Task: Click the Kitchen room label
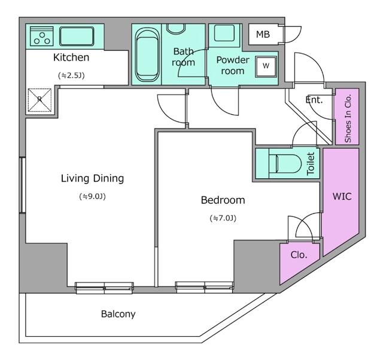coord(71,57)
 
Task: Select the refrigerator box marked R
coord(39,100)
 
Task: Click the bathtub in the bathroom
coord(147,54)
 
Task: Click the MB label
coord(263,35)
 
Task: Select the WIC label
coord(342,196)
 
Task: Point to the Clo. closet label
coord(299,255)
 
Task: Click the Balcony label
coord(118,314)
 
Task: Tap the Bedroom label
coord(223,200)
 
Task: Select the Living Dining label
coord(92,178)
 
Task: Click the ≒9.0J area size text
coord(92,196)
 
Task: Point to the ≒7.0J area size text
coord(223,218)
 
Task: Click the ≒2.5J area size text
coord(71,75)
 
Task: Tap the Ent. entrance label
coord(314,100)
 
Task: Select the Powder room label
coord(232,65)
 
